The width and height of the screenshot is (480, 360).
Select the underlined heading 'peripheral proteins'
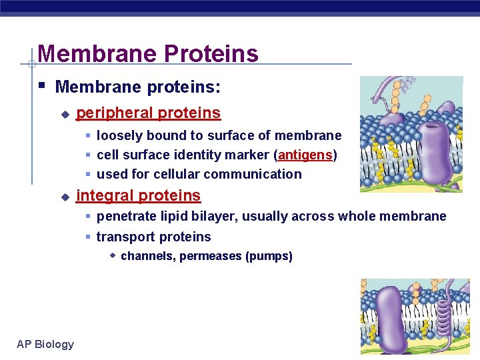148,113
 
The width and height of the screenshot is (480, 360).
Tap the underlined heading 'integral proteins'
138,196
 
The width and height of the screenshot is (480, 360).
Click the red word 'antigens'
305,155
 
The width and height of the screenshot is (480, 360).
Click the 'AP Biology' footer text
45,344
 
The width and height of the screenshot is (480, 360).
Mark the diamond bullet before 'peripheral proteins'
65,115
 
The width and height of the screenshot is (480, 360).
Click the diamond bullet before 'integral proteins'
65,197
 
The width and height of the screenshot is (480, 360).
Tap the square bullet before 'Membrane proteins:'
42,86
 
